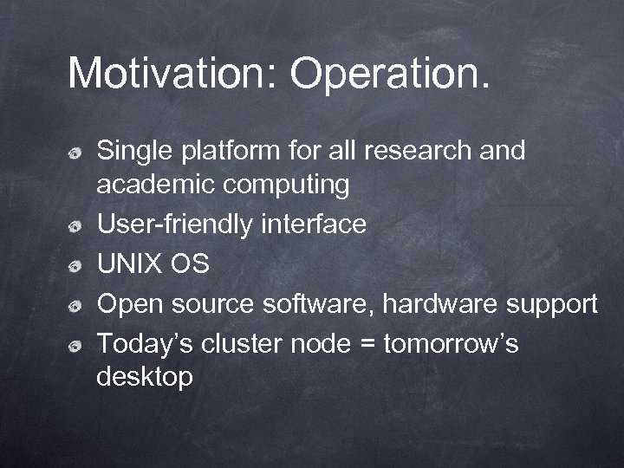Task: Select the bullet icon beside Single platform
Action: (77, 153)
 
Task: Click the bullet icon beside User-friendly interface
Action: (77, 227)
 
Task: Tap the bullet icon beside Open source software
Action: (77, 306)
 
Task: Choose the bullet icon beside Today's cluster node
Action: (77, 347)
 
